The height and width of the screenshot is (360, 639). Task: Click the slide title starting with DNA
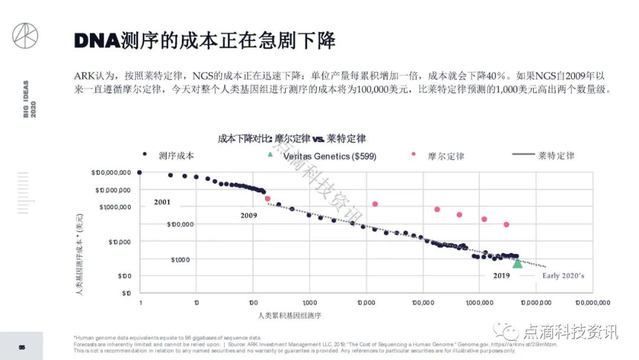[x=204, y=40]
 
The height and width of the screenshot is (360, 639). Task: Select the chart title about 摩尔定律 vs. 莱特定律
[x=292, y=139]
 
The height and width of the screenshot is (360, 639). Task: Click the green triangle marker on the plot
[x=517, y=263]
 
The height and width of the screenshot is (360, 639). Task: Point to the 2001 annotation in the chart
[x=162, y=202]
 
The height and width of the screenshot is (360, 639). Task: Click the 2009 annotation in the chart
[x=248, y=216]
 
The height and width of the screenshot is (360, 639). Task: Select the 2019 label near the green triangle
[x=501, y=275]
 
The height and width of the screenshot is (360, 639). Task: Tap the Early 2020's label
[x=563, y=275]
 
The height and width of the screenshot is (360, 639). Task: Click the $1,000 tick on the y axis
[x=180, y=260]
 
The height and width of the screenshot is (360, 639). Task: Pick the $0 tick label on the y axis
[x=126, y=293]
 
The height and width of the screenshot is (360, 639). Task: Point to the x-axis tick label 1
[x=141, y=303]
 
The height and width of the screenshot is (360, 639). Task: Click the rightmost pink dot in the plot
[x=506, y=224]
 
